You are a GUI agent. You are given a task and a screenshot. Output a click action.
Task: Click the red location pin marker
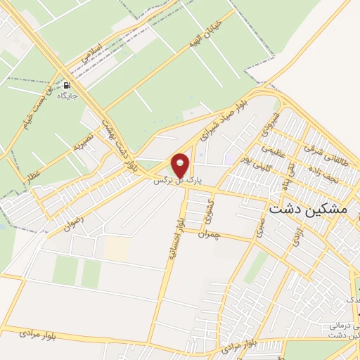[x=181, y=165]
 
